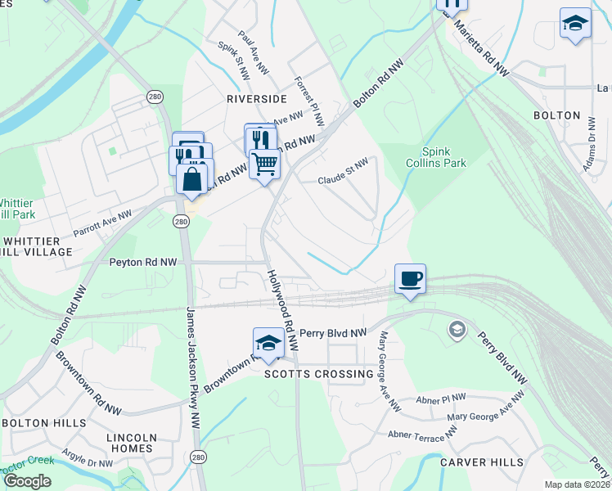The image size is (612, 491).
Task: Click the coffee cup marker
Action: tap(410, 278)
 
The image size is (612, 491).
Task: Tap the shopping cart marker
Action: tap(265, 164)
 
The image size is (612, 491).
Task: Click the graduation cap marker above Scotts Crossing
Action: tap(268, 341)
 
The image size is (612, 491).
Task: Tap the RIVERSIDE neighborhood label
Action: tap(257, 98)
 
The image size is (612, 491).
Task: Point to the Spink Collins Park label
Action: tap(436, 157)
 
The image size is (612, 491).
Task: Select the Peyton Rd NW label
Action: tap(143, 263)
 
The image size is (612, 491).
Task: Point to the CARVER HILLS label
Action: tap(481, 462)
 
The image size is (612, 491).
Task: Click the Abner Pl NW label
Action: tap(440, 399)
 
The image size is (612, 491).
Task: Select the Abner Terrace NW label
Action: tap(421, 435)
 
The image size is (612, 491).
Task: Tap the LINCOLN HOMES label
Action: tap(132, 443)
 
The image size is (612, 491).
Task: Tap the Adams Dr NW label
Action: tap(589, 151)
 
